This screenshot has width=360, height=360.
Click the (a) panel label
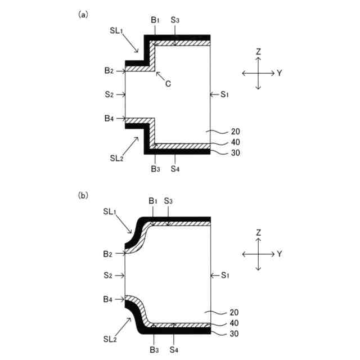pyautogui.click(x=83, y=15)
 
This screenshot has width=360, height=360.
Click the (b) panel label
pyautogui.click(x=83, y=196)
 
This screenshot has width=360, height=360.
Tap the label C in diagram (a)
pyautogui.click(x=168, y=83)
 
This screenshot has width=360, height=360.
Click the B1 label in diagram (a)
pyautogui.click(x=155, y=20)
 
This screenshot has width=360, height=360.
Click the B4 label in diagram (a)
pyautogui.click(x=109, y=119)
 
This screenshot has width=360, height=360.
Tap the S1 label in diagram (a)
pyautogui.click(x=224, y=94)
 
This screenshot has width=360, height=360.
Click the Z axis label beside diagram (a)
pyautogui.click(x=258, y=52)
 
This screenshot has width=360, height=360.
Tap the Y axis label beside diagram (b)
pyautogui.click(x=279, y=254)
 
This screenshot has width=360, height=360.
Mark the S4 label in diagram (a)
pyautogui.click(x=175, y=168)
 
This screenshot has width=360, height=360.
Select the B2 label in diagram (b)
pyautogui.click(x=109, y=254)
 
